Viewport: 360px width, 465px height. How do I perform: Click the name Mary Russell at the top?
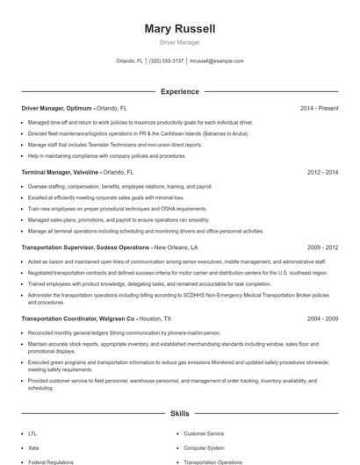[180, 29]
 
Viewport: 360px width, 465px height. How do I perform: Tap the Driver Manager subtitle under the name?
[180, 42]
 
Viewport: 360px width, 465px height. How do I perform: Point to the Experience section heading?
[180, 91]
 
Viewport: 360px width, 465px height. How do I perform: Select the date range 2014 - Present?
[319, 108]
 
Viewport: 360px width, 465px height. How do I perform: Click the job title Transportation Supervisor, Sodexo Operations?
[85, 247]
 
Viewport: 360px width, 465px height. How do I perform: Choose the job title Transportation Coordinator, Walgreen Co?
[78, 318]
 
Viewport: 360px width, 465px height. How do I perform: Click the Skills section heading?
[180, 412]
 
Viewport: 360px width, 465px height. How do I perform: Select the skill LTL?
[32, 433]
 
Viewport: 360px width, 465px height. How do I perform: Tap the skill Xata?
[33, 447]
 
